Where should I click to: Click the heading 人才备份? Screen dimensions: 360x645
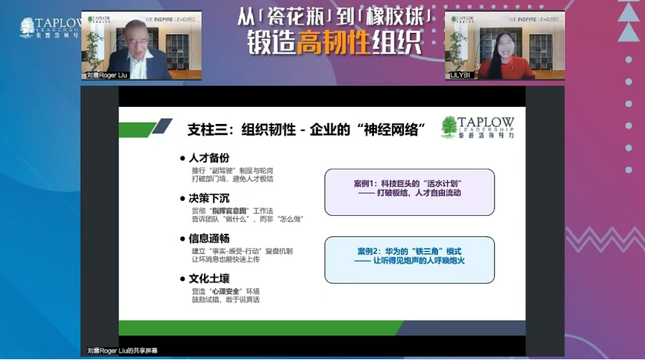(210, 158)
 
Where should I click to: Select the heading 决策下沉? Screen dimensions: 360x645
(210, 199)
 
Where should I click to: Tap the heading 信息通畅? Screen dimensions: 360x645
(210, 239)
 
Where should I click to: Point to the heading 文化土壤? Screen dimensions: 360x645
(210, 279)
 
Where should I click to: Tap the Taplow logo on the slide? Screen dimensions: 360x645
(478, 127)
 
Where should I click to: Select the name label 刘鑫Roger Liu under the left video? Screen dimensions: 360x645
(107, 75)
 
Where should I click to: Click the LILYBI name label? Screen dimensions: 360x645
(457, 75)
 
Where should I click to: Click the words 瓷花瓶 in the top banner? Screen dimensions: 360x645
(292, 16)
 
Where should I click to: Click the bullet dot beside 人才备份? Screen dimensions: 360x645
(182, 158)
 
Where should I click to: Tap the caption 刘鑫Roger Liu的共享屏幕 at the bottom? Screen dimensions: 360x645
(122, 350)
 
